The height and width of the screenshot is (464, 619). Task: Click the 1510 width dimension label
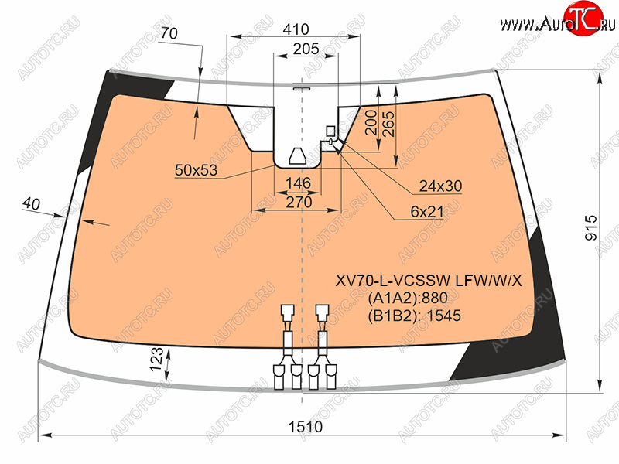coord(306,427)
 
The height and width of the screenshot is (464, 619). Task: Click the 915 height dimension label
coord(591,227)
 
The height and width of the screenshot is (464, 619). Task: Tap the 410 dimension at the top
coord(296,29)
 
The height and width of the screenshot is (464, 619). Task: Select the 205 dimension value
coord(306,49)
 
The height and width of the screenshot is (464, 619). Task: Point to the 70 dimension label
coord(169,33)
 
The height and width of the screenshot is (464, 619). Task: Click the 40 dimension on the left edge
coord(31,203)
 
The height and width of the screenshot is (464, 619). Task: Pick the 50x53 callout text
coord(197,170)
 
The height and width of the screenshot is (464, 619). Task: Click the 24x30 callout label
coord(440,186)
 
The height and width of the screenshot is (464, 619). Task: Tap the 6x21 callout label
coord(427,212)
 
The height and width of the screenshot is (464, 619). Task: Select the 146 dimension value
coord(299,183)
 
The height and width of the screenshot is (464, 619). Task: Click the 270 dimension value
coord(299,202)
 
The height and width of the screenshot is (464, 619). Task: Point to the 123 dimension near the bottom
coord(157,359)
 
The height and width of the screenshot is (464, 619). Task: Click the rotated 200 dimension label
coord(371,123)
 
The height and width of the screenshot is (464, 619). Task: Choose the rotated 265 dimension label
coord(388,124)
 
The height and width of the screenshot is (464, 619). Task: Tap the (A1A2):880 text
coord(408,298)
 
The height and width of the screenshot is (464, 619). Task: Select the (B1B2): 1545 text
coord(415,316)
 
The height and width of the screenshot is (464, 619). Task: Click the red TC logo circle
coord(583,18)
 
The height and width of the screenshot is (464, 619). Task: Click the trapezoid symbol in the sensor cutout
coord(298,156)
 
